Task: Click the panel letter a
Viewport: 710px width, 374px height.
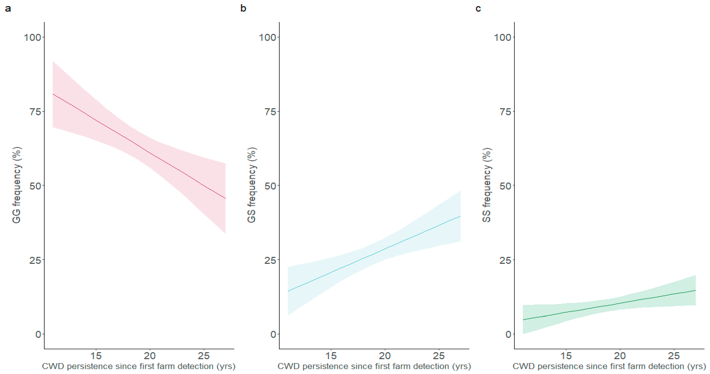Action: [x=8, y=9]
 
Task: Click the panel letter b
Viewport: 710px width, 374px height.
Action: [x=243, y=9]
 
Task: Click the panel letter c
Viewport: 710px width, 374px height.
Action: [x=478, y=9]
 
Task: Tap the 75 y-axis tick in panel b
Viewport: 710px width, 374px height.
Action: [x=270, y=112]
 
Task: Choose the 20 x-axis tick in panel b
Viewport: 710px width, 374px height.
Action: [x=385, y=356]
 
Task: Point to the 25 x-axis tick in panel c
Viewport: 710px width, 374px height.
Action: [x=674, y=356]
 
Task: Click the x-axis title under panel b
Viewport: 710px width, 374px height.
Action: [x=374, y=366]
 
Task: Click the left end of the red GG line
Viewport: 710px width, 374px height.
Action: [x=53, y=94]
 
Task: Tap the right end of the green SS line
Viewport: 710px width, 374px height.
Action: [x=695, y=290]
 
